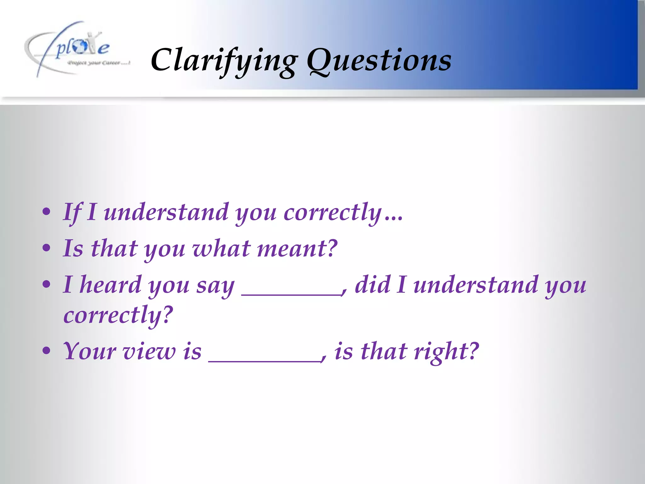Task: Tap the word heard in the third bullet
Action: pyautogui.click(x=110, y=285)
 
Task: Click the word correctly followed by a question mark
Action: pyautogui.click(x=118, y=315)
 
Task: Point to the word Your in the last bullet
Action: pyautogui.click(x=89, y=351)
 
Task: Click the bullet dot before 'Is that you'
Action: pyautogui.click(x=46, y=248)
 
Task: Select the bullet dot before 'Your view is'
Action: pyautogui.click(x=46, y=351)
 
